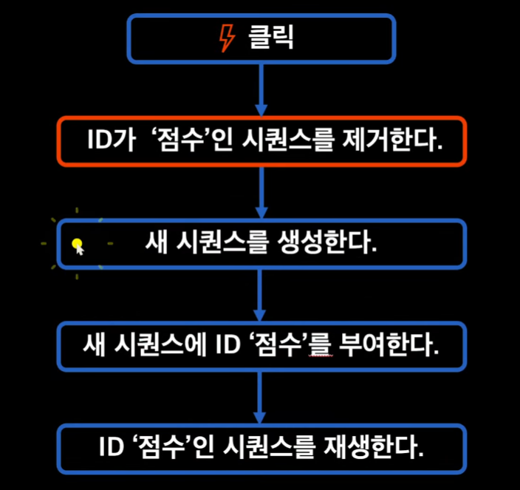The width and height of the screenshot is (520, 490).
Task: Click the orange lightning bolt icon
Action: click(228, 38)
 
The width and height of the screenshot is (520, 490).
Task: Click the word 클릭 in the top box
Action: click(270, 38)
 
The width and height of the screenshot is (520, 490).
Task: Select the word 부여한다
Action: click(397, 345)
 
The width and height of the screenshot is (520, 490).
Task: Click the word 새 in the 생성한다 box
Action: click(154, 243)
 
